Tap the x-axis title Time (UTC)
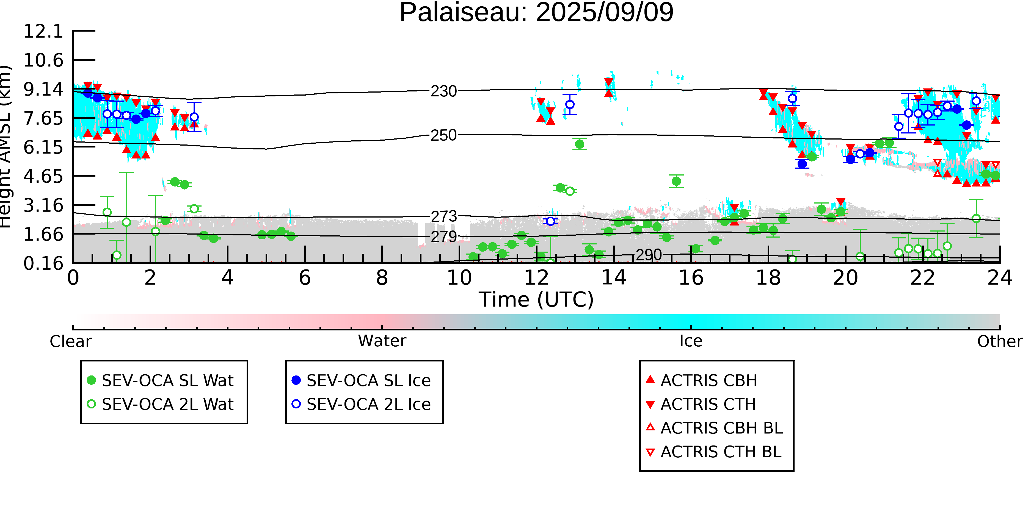point(536,299)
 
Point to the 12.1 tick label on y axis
point(44,31)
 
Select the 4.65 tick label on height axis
point(44,176)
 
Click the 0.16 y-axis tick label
point(44,263)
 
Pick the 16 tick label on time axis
point(691,278)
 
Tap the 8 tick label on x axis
point(382,278)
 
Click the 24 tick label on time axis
point(1000,278)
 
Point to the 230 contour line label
point(443,91)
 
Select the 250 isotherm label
point(443,135)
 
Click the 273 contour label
point(443,217)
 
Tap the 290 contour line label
point(649,255)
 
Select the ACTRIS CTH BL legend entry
point(714,452)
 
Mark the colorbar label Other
point(1000,341)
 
